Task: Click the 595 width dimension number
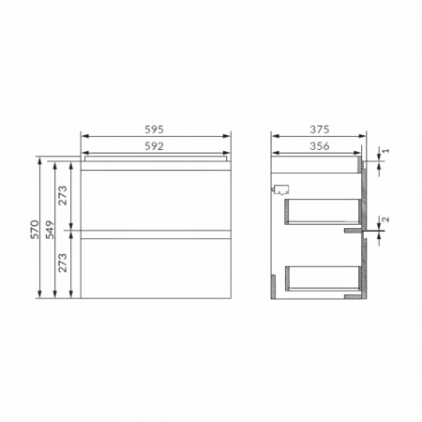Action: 157,129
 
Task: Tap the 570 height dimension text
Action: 34,230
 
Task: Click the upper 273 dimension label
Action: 64,195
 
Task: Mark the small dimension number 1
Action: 384,150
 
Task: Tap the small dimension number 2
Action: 384,221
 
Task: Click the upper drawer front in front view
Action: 157,196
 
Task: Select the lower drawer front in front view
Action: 157,267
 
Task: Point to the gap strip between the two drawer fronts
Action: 157,232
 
